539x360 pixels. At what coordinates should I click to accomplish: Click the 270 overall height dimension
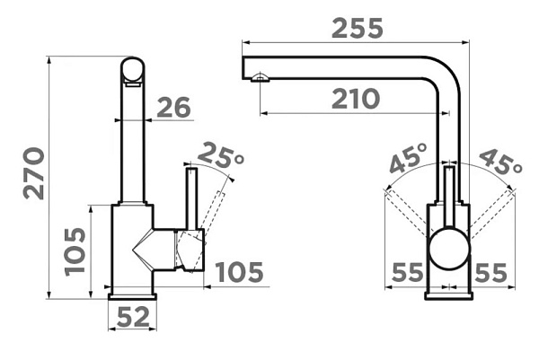point(33,173)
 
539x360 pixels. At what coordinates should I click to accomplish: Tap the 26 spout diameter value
point(173,108)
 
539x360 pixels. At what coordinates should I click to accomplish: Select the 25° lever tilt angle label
point(221,155)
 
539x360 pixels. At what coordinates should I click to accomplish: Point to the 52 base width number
point(133,317)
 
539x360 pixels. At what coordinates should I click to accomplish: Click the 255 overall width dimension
point(358,28)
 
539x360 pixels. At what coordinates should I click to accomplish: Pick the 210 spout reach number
point(356,99)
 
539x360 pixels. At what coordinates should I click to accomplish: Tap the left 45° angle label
point(409,158)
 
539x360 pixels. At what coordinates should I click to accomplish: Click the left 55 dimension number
point(407,272)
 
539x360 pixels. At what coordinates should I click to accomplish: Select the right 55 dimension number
point(490,273)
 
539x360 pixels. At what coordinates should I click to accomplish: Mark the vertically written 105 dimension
point(75,251)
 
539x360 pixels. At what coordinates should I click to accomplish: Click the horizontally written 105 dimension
point(239,272)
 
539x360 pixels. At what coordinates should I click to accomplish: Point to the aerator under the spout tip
point(260,77)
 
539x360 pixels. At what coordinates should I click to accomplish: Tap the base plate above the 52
point(133,297)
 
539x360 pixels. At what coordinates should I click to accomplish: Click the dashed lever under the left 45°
point(408,214)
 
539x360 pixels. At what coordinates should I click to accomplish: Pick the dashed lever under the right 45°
point(491,214)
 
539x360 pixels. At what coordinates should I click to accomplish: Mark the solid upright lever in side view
point(192,198)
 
